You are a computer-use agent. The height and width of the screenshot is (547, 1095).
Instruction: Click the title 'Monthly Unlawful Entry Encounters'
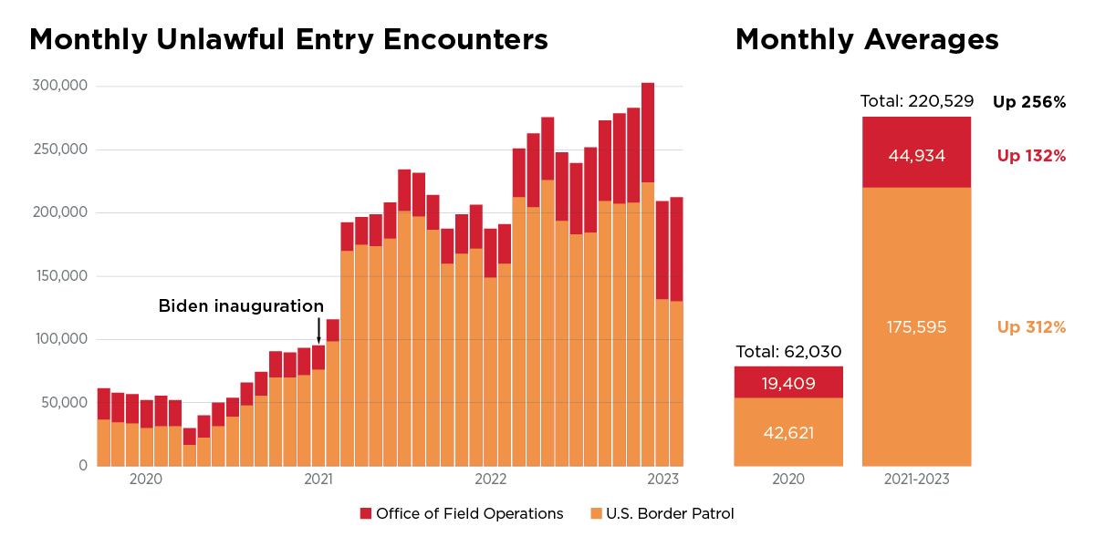tap(288, 39)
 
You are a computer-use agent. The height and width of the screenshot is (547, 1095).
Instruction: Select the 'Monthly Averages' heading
tap(866, 39)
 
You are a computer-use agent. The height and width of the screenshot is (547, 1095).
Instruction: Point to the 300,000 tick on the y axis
tap(59, 86)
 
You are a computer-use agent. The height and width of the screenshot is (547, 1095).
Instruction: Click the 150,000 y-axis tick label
tap(59, 276)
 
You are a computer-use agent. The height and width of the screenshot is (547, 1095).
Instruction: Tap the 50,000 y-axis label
tap(63, 402)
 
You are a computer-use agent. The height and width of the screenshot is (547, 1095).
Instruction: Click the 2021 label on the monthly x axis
tap(318, 479)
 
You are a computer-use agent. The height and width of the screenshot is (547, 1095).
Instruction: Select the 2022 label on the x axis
tap(490, 479)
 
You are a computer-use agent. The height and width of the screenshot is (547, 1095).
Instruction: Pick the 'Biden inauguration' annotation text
tap(241, 305)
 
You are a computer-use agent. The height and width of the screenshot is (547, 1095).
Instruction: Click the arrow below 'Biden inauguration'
tap(318, 330)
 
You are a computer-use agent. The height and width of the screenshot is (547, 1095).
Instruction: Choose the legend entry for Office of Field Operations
tap(462, 513)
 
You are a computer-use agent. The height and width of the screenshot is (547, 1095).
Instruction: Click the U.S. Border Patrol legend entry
tap(662, 513)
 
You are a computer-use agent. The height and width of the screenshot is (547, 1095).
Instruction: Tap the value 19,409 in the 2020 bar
tap(787, 383)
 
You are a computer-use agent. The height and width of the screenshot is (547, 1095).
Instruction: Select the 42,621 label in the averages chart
tap(787, 433)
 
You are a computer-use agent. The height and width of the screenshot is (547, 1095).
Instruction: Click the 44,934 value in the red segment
tap(916, 156)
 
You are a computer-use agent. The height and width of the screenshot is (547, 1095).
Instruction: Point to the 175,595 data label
tap(916, 326)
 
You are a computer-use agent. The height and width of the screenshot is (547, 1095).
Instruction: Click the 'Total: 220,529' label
tap(916, 100)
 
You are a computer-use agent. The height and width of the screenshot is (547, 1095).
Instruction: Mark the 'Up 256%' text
tap(1029, 102)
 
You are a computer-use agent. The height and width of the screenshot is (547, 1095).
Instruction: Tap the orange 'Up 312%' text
tap(1031, 326)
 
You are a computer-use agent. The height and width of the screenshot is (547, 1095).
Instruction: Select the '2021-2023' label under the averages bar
tap(916, 480)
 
